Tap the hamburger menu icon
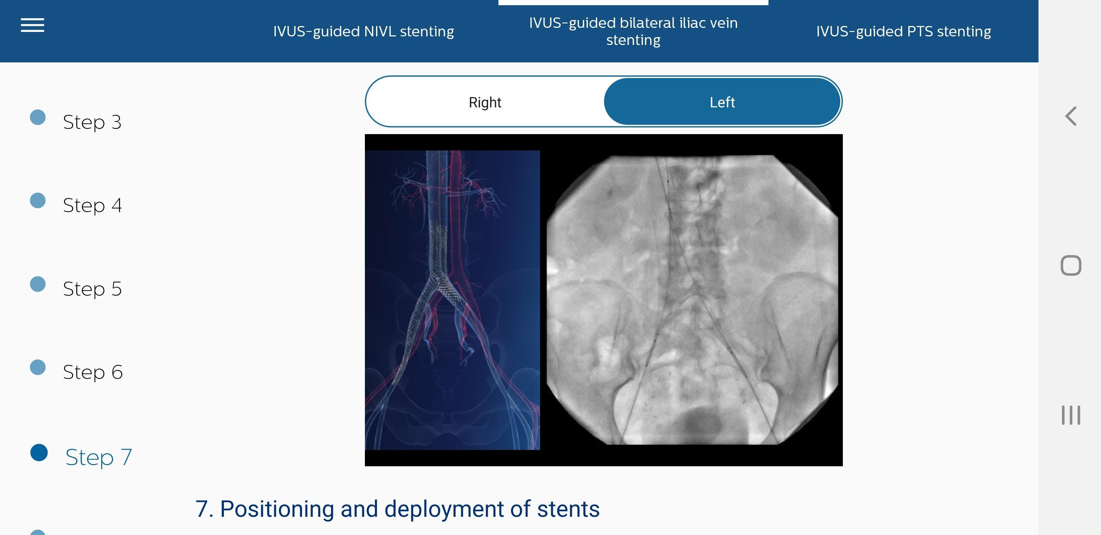pos(32,25)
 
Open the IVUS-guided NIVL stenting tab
pos(363,31)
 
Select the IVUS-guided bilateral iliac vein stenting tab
pos(633,31)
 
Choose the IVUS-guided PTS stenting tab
pos(903,31)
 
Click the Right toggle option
pos(485,102)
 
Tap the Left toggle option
pos(722,102)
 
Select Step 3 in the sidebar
pos(92,122)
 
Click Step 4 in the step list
pos(92,205)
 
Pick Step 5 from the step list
pos(92,289)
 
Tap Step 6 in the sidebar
pos(93,372)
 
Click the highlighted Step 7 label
pos(99,457)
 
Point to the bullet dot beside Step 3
pos(38,117)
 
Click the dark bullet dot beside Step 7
pos(39,453)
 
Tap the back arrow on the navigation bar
pos(1070,116)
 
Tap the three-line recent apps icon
pos(1070,415)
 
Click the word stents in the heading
pos(568,509)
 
